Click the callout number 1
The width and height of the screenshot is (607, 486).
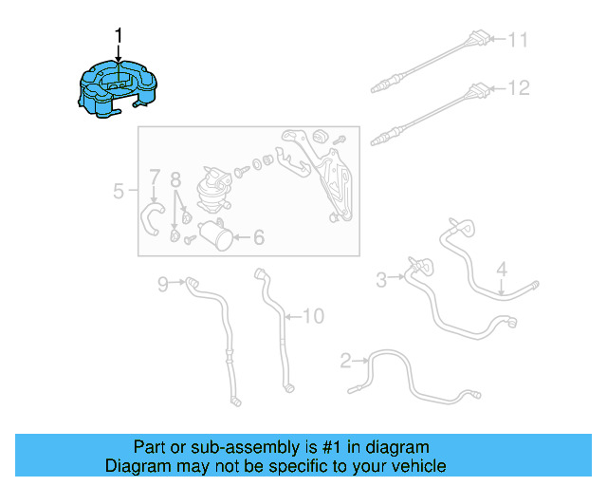point(119,36)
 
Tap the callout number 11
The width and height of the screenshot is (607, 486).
point(517,40)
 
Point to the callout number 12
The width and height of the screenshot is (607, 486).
point(517,88)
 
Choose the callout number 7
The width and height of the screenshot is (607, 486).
point(154,177)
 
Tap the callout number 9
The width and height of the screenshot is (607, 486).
point(162,282)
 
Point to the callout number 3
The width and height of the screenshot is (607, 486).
point(381,279)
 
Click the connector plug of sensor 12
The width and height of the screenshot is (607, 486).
point(478,92)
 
